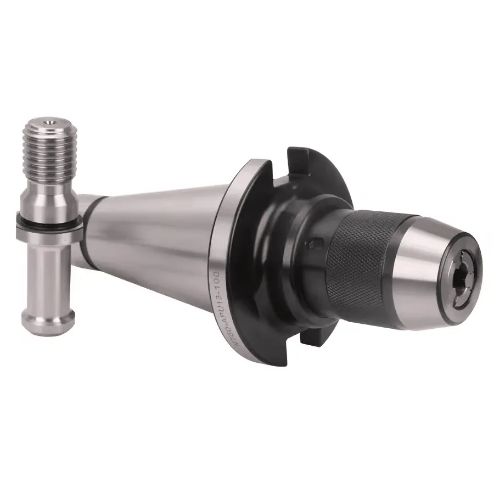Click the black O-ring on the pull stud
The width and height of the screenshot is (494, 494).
point(49,220)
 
